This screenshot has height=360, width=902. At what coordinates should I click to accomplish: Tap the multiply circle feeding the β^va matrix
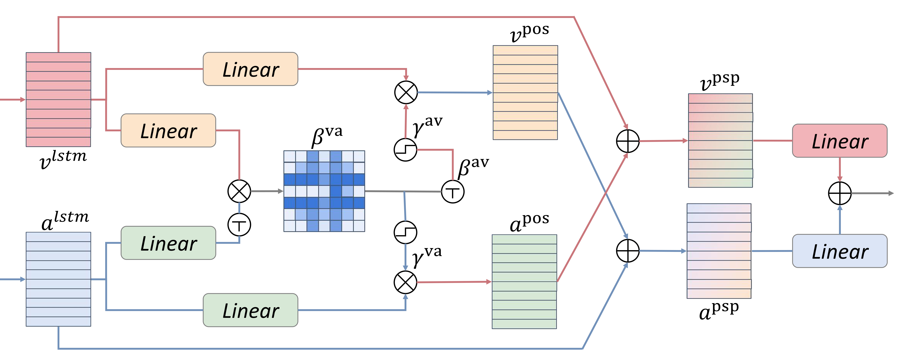click(x=239, y=191)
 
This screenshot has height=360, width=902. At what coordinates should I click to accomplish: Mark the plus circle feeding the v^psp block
click(x=628, y=141)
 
